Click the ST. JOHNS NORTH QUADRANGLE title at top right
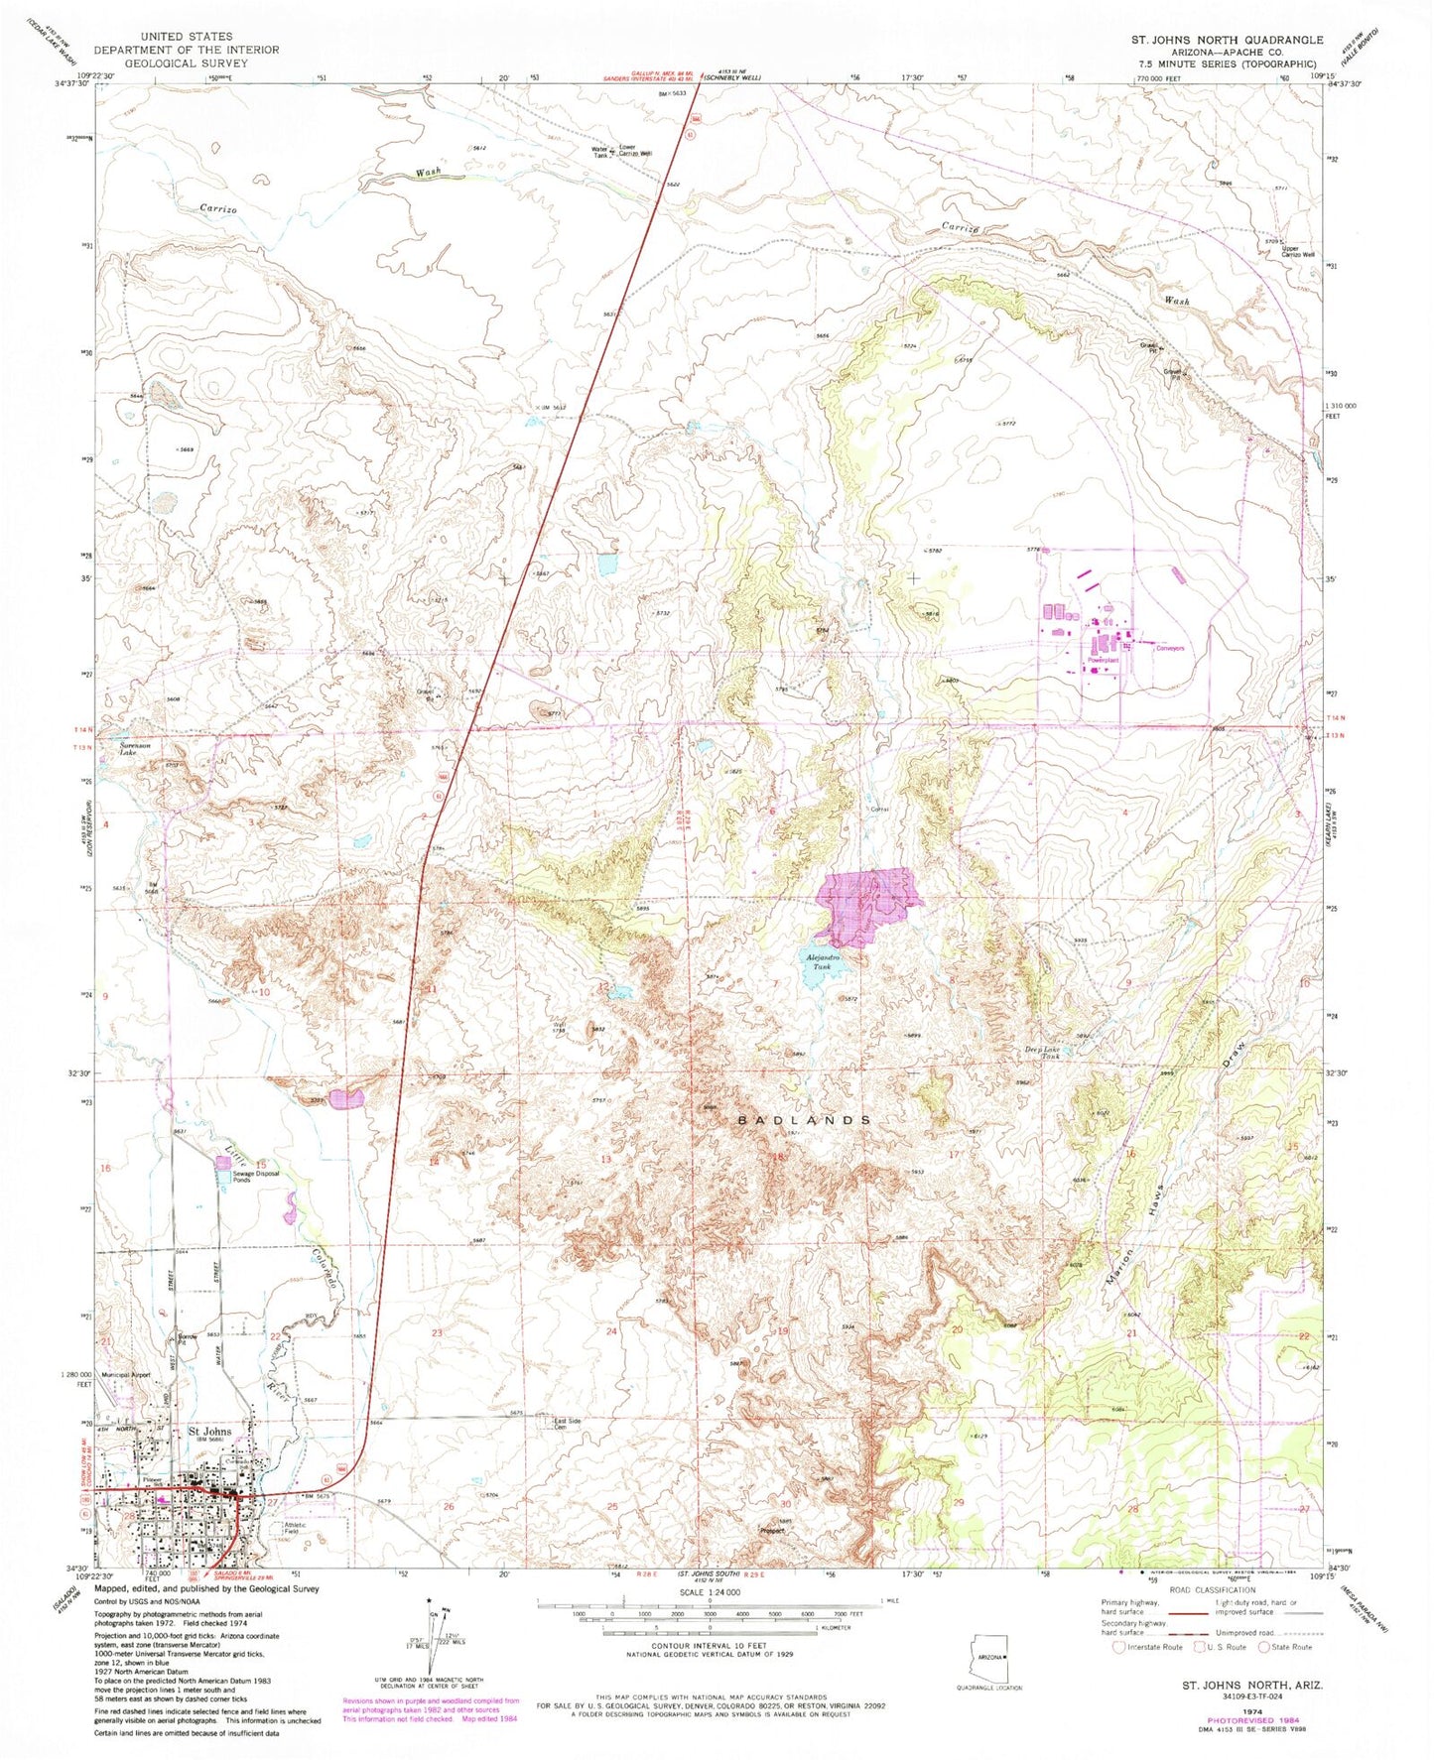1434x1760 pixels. pos(1227,40)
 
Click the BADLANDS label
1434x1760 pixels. pos(805,1119)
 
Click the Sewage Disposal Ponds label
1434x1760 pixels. pos(256,1177)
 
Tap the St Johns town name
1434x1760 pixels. pos(209,1432)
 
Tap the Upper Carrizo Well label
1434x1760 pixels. pos(1296,252)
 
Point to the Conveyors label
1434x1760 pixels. pos(1170,648)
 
